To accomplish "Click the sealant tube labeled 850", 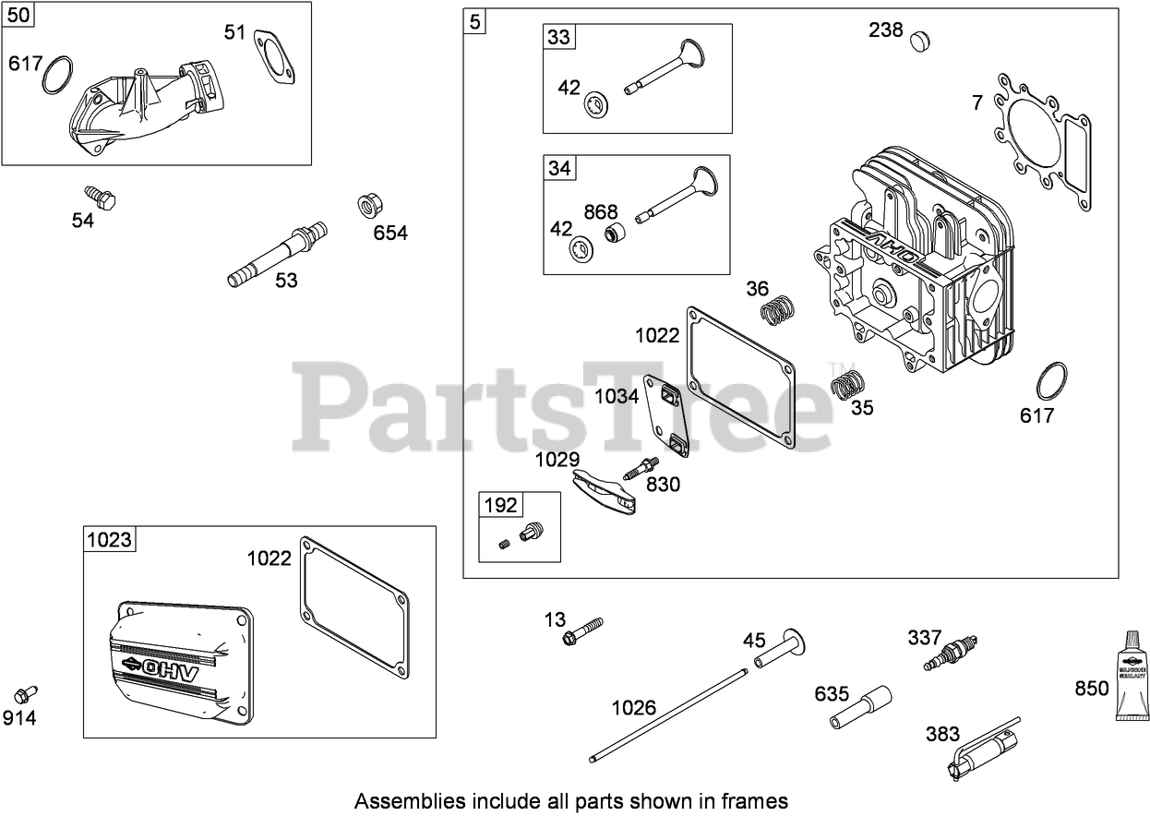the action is click(1131, 678).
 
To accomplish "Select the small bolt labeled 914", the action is click(25, 694).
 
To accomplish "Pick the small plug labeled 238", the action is click(919, 40).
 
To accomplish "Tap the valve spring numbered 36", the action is click(778, 309).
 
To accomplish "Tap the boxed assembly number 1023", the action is click(110, 539).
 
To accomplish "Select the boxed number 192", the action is click(500, 505).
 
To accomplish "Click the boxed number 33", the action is click(559, 37).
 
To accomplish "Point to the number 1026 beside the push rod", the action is click(633, 707).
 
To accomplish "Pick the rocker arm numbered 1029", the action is click(605, 492).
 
